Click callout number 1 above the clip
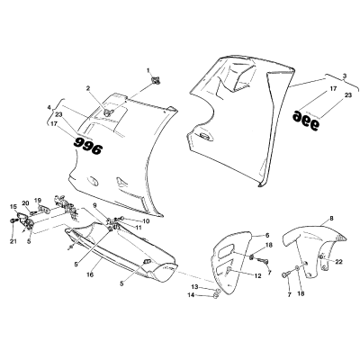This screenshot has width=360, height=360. pyautogui.click(x=148, y=70)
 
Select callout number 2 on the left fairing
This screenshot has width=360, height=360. pyautogui.click(x=88, y=88)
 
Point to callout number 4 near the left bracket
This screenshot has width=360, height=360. pyautogui.click(x=49, y=107)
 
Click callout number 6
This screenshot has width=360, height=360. pyautogui.click(x=267, y=235)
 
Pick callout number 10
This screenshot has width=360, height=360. pyautogui.click(x=146, y=221)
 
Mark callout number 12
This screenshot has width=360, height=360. pyautogui.click(x=257, y=275)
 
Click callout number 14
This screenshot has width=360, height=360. pyautogui.click(x=191, y=295)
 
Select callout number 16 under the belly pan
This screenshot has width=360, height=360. pyautogui.click(x=90, y=274)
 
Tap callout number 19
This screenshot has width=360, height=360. pyautogui.click(x=38, y=200)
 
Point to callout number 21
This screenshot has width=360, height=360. pyautogui.click(x=13, y=242)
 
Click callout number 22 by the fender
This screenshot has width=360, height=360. pyautogui.click(x=338, y=262)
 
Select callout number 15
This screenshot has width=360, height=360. pyautogui.click(x=13, y=206)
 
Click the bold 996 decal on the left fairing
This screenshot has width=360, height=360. pyautogui.click(x=88, y=145)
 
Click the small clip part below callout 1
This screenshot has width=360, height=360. pyautogui.click(x=156, y=80)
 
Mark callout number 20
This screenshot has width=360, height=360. pyautogui.click(x=25, y=203)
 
